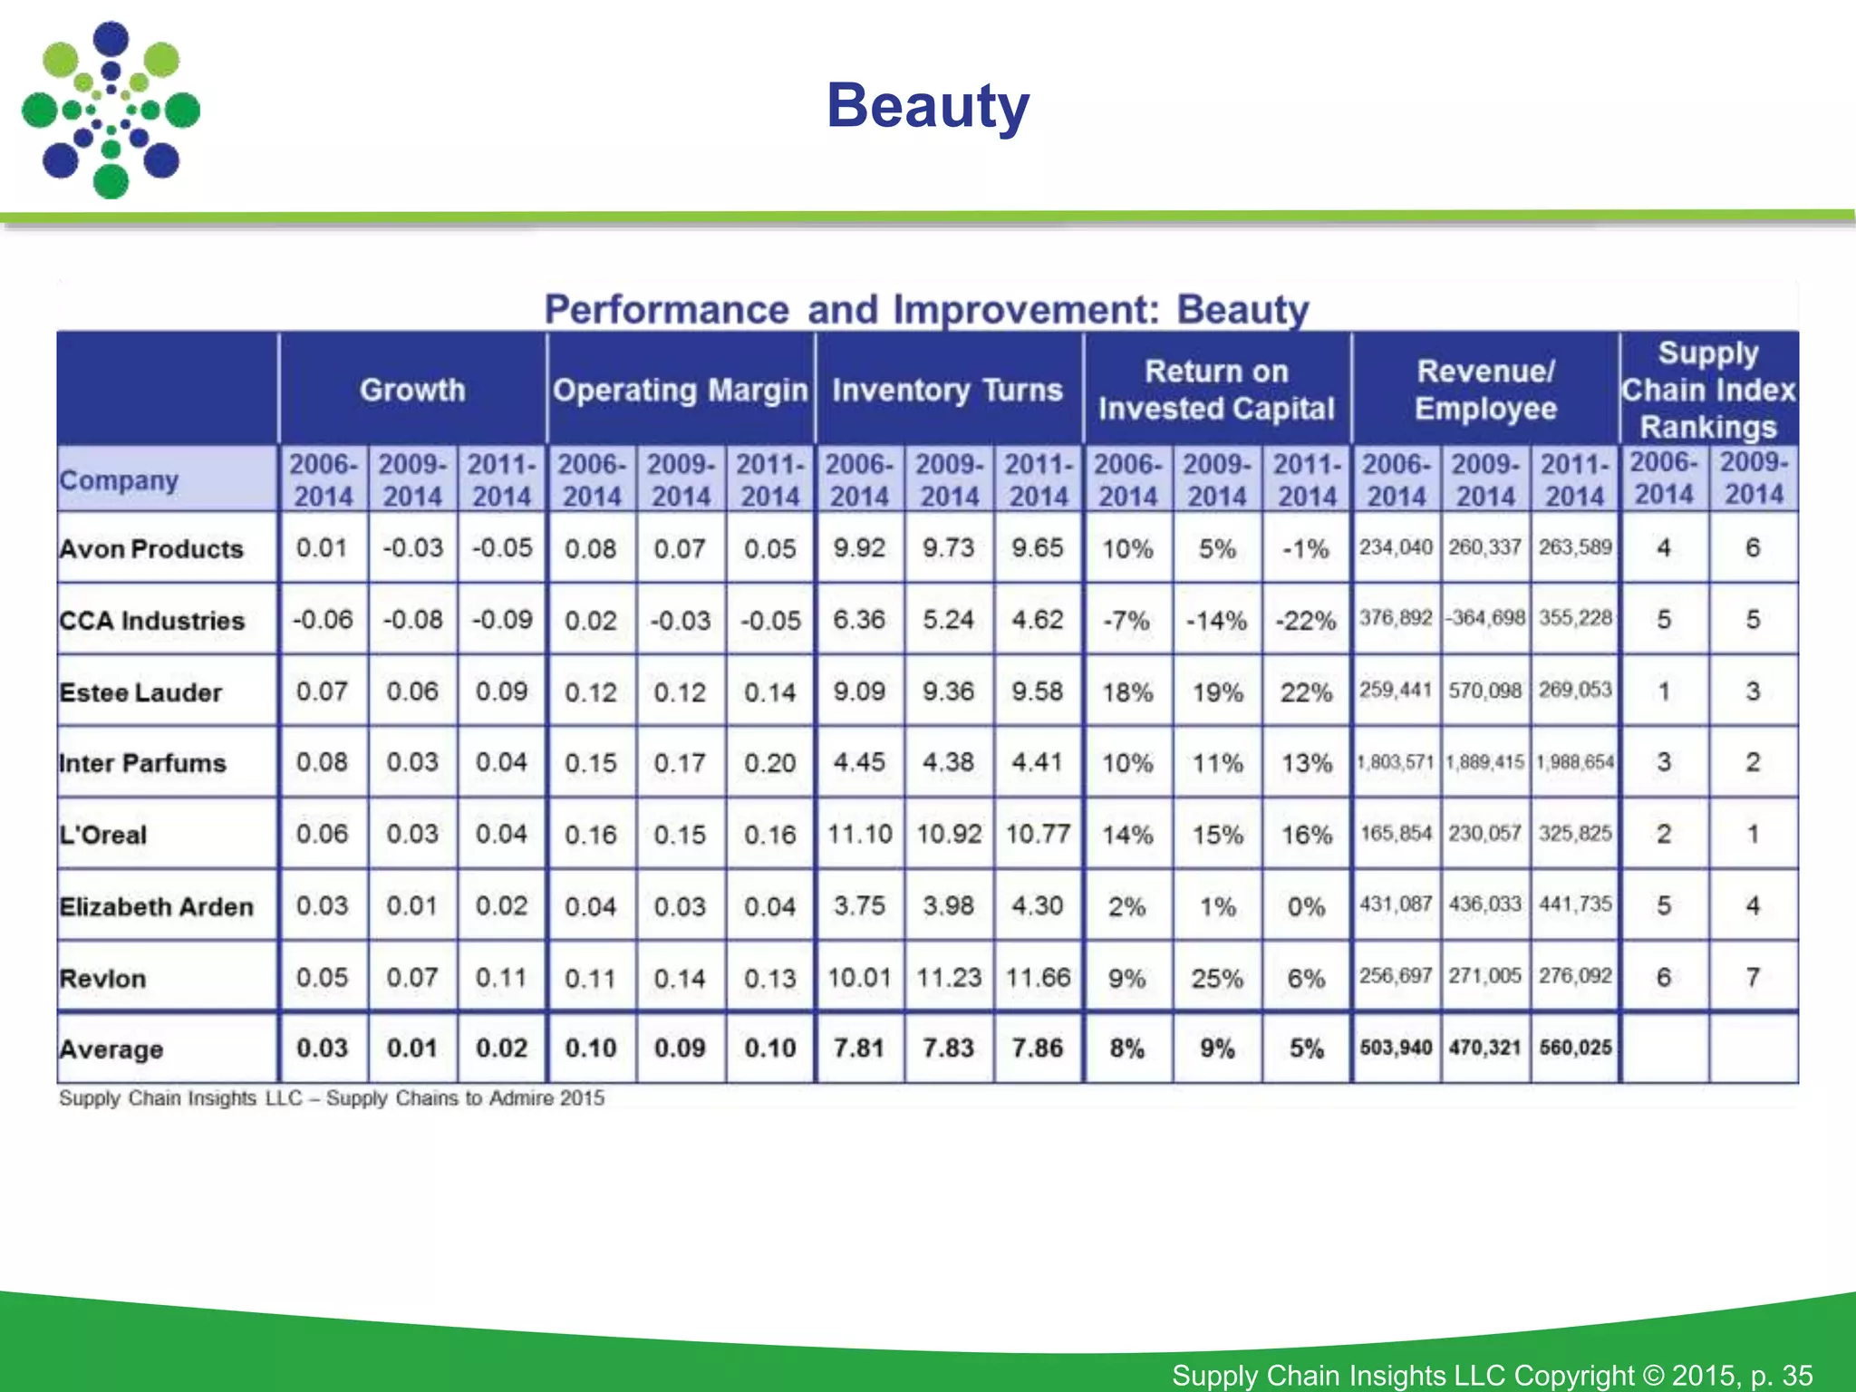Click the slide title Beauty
pyautogui.click(x=928, y=106)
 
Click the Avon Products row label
pyautogui.click(x=151, y=549)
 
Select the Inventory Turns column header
pyautogui.click(x=947, y=390)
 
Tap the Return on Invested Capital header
pyautogui.click(x=1216, y=390)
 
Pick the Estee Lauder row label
pyautogui.click(x=140, y=692)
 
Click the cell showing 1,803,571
pyautogui.click(x=1396, y=762)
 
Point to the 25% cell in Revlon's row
pyautogui.click(x=1216, y=978)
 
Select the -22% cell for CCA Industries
pyautogui.click(x=1306, y=621)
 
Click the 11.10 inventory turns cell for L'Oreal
pyautogui.click(x=859, y=834)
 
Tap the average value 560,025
pyautogui.click(x=1575, y=1049)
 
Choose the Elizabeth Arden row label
pyautogui.click(x=156, y=906)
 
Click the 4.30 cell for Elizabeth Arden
pyautogui.click(x=1038, y=905)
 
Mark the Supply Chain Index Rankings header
pyautogui.click(x=1708, y=390)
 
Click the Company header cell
pyautogui.click(x=119, y=480)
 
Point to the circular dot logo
pyautogui.click(x=111, y=111)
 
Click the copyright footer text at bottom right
pyautogui.click(x=1492, y=1375)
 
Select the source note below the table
pyautogui.click(x=332, y=1098)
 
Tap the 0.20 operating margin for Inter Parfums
pyautogui.click(x=769, y=763)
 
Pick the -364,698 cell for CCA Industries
pyautogui.click(x=1485, y=619)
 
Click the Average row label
pyautogui.click(x=111, y=1049)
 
